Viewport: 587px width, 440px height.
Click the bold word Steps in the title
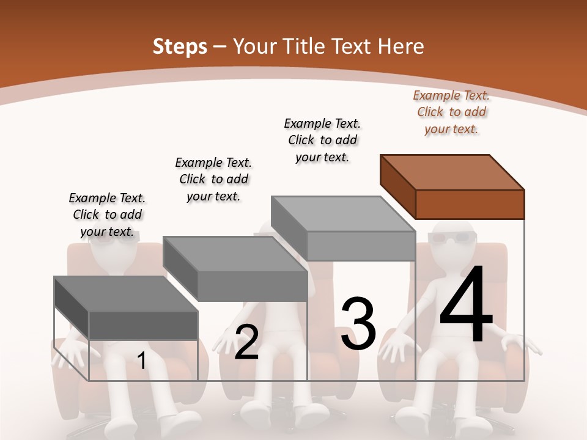180,46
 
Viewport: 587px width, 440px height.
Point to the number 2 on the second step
246,342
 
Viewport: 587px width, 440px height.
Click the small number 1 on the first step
141,361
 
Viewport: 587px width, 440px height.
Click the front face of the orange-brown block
470,204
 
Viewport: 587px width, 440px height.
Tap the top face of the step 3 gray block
342,214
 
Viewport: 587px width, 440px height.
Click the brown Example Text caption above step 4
451,112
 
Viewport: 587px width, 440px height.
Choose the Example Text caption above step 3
322,140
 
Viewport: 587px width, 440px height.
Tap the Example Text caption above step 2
213,179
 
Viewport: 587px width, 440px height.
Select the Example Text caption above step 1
107,215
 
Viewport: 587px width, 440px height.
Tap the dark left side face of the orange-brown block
397,186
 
